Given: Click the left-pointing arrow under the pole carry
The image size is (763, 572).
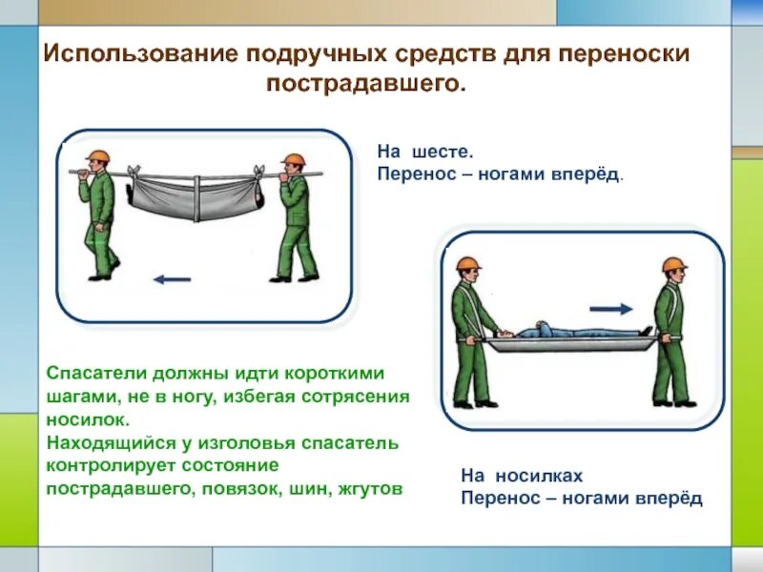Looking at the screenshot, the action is point(172,279).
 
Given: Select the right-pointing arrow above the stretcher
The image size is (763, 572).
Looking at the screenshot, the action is point(610,309).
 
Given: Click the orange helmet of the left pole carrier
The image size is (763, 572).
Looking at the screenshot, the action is point(95,158).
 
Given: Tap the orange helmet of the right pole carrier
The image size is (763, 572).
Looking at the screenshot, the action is point(295,160).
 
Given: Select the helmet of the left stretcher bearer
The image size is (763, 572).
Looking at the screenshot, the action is point(467,264).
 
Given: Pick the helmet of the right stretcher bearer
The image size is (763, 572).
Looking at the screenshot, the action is point(674,264).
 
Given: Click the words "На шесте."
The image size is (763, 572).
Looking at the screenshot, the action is point(424,152).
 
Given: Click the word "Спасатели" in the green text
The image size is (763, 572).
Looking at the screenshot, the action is point(93,375).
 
